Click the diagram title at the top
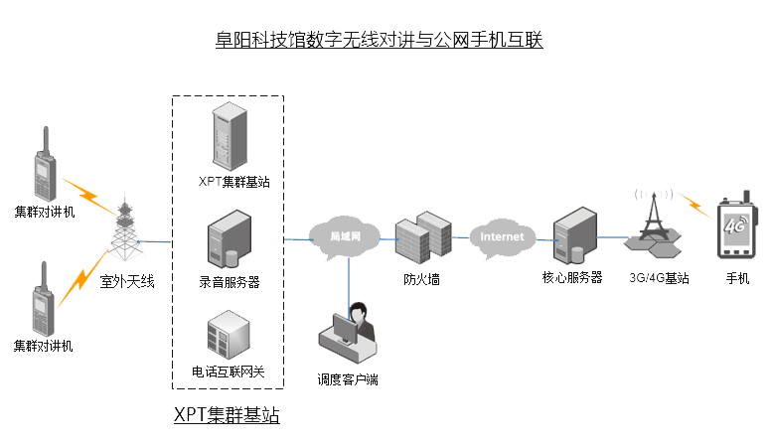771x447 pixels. (379, 41)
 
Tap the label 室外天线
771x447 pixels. (128, 281)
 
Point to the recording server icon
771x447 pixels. (229, 245)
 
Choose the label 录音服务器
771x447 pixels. (229, 282)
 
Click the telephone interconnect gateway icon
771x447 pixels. (228, 334)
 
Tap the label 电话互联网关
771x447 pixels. (229, 372)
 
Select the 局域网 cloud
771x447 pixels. (344, 236)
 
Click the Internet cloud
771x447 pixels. (502, 237)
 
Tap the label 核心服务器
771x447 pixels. (572, 278)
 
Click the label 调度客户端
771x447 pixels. (348, 378)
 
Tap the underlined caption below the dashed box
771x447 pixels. (227, 415)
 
